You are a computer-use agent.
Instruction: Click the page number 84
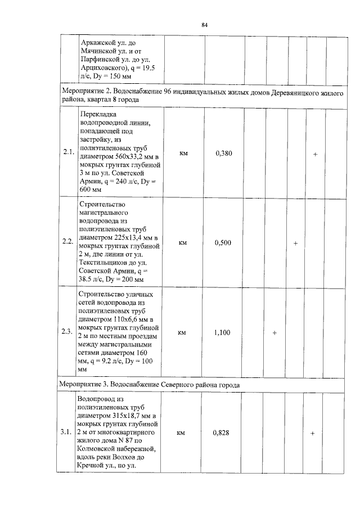tap(205, 25)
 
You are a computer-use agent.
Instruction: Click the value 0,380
tap(223, 153)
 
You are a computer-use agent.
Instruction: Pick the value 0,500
tap(223, 242)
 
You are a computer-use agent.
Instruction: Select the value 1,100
tap(223, 332)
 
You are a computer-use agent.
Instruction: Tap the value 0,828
tap(223, 433)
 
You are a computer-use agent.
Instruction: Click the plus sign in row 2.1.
tap(316, 154)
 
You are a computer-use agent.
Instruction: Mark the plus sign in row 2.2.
tap(295, 243)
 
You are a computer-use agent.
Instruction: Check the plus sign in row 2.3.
tap(274, 333)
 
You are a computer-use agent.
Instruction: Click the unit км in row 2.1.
tap(183, 153)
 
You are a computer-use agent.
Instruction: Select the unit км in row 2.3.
tap(183, 333)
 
